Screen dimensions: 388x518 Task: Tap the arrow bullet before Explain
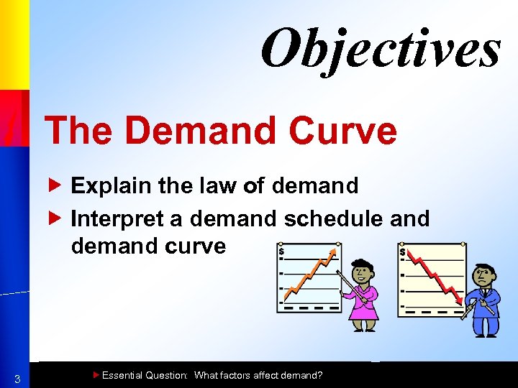(x=60, y=185)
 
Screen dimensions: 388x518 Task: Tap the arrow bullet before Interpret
(x=60, y=218)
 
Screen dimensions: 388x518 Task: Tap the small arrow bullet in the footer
(x=96, y=374)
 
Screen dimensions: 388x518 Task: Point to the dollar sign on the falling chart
(x=402, y=253)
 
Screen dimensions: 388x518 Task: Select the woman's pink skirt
(x=363, y=309)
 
